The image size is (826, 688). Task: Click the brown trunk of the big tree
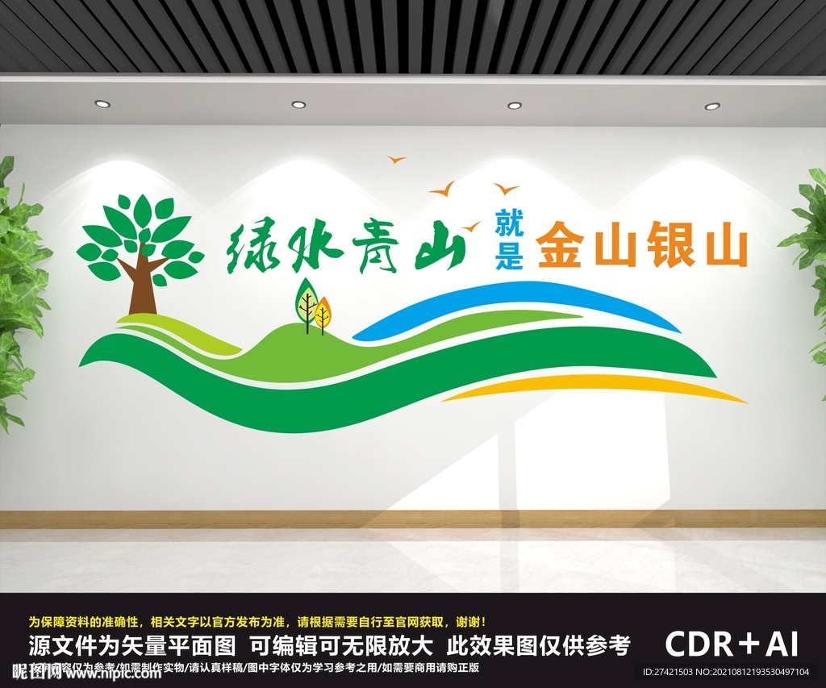(x=142, y=286)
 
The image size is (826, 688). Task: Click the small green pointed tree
(x=306, y=302)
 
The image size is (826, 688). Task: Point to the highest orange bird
(x=396, y=160)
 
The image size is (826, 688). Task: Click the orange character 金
(x=562, y=247)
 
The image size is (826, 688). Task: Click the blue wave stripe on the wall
(x=516, y=298)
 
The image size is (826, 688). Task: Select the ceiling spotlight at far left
(x=102, y=103)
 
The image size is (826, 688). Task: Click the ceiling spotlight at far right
(x=712, y=106)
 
